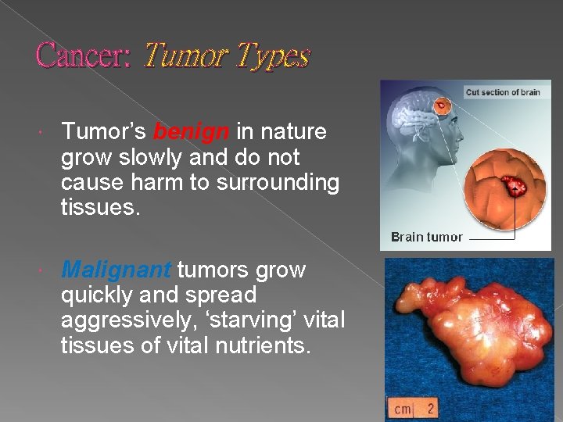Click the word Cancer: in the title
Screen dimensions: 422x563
pyautogui.click(x=84, y=55)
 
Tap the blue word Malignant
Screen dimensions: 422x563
pyautogui.click(x=117, y=270)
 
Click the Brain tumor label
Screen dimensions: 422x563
pyautogui.click(x=426, y=237)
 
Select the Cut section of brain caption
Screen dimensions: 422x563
pyautogui.click(x=503, y=92)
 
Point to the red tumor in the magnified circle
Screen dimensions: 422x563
pyautogui.click(x=514, y=187)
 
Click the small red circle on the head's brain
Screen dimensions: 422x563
pyautogui.click(x=443, y=105)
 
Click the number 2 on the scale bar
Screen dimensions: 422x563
pyautogui.click(x=430, y=408)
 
